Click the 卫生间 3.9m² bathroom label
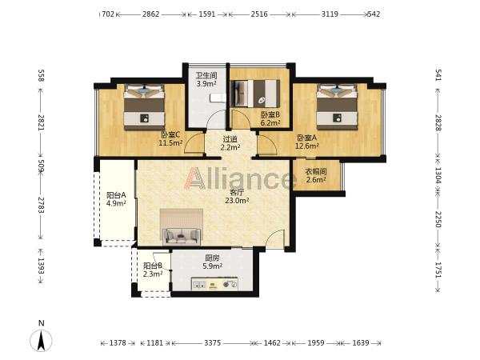206,79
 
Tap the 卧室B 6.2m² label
270,118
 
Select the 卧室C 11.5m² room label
170,138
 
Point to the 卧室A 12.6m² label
306,142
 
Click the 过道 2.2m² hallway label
230,143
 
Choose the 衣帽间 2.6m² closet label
316,175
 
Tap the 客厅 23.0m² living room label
237,196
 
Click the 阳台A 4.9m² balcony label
116,199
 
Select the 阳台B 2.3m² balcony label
153,270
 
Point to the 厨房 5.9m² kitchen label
213,262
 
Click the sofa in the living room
182,236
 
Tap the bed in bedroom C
144,106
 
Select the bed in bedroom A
337,106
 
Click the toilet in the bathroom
218,98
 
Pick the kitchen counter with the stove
214,283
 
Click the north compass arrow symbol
41,340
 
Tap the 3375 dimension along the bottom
213,343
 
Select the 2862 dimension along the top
150,14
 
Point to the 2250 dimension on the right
438,219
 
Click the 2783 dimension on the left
41,206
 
